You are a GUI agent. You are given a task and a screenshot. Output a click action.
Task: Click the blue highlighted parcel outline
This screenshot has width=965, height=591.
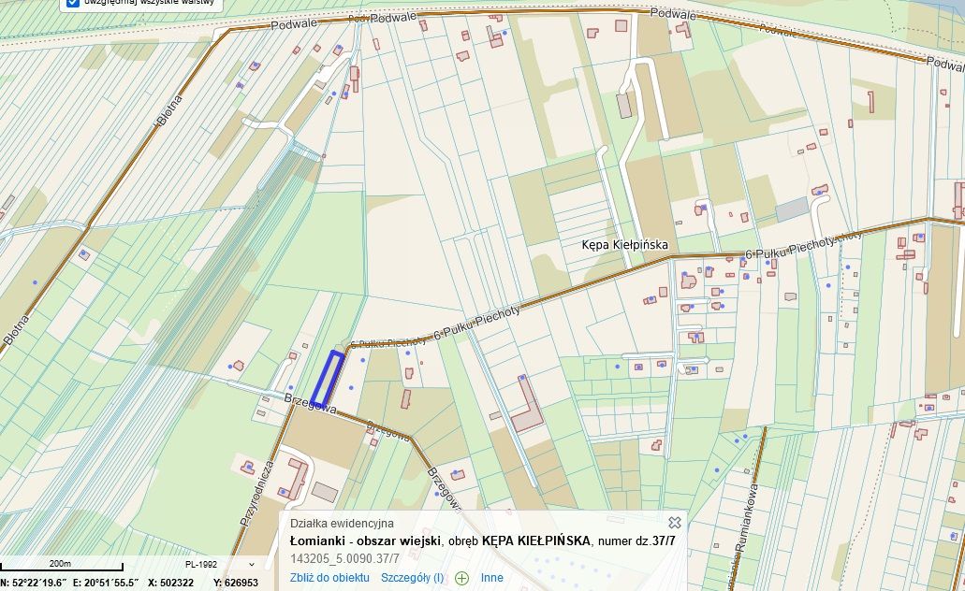[x=328, y=379]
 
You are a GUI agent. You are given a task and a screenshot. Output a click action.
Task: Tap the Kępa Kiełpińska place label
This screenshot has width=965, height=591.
[x=623, y=245]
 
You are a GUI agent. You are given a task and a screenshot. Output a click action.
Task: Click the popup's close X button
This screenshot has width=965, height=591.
[x=674, y=523]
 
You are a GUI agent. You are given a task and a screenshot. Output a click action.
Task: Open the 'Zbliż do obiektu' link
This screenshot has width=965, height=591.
[x=329, y=578]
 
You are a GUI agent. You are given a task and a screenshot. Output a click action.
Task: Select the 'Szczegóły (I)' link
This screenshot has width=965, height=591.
[x=412, y=578]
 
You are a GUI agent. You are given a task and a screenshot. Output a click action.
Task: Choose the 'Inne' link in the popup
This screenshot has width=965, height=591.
[x=492, y=578]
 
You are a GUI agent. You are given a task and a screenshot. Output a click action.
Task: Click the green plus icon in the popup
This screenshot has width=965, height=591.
[x=461, y=578]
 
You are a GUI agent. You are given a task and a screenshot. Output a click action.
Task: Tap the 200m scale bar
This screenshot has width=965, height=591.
[x=61, y=566]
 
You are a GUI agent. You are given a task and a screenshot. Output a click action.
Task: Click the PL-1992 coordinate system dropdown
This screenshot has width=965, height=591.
[x=220, y=565]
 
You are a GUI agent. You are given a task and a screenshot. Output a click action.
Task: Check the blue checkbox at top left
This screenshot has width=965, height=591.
[x=73, y=2]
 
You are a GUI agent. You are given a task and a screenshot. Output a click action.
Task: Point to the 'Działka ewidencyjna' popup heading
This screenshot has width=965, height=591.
[x=342, y=524]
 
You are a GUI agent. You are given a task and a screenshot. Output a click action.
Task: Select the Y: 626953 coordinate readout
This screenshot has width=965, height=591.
[x=236, y=583]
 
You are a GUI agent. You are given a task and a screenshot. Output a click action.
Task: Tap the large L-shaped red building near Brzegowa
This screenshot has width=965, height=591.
[x=527, y=404]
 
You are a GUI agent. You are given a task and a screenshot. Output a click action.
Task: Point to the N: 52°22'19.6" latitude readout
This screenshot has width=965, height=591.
[x=33, y=583]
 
